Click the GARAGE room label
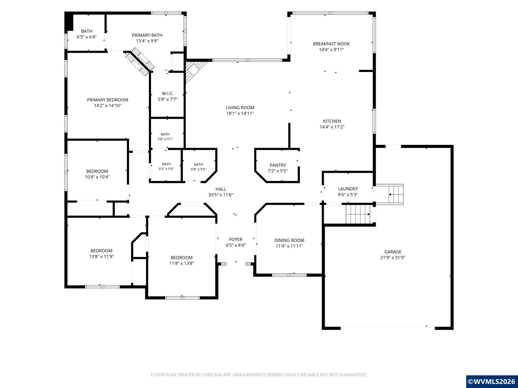[x=393, y=252]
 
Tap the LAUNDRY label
[x=348, y=189]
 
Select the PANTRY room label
[x=278, y=165]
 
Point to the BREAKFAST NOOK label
[x=331, y=44]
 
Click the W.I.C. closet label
[x=168, y=93]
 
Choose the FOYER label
[x=236, y=239]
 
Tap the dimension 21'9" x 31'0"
[x=393, y=257]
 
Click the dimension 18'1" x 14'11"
[x=240, y=113]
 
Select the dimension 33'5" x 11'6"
[x=221, y=195]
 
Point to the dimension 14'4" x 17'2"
[x=332, y=127]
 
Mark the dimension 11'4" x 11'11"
[x=289, y=246]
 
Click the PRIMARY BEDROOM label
[x=107, y=100]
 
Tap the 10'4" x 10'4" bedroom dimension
[x=97, y=177]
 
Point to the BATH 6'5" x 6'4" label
[x=87, y=34]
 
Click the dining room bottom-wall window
[x=289, y=275]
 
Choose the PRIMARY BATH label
[x=147, y=35]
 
